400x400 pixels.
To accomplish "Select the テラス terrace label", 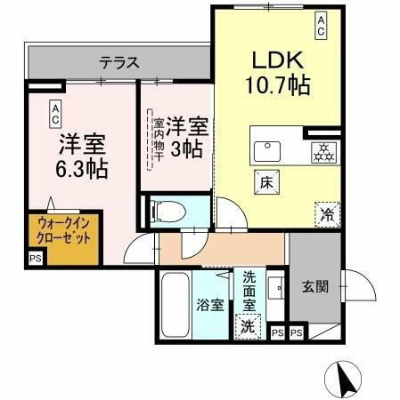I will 119,62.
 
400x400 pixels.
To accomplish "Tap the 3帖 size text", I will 187,150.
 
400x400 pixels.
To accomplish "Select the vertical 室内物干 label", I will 158,140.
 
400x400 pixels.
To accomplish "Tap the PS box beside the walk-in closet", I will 36,259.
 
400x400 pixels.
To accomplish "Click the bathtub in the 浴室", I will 176,302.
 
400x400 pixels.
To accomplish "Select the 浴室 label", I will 209,304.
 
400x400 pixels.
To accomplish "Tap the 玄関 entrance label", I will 314,286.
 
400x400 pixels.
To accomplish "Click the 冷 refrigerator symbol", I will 326,212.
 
